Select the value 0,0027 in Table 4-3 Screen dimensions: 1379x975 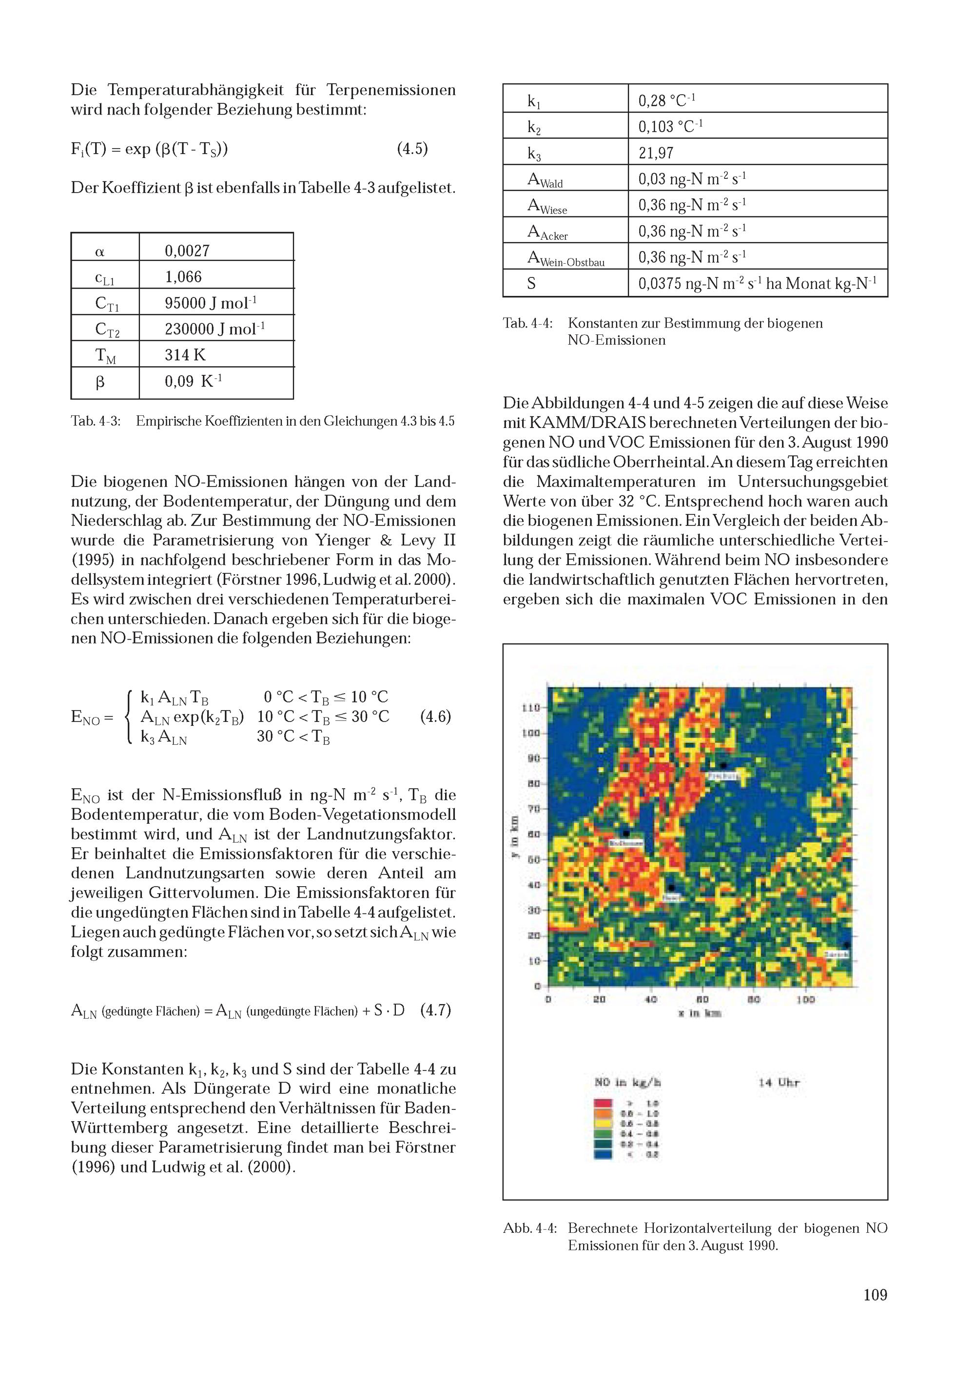(187, 251)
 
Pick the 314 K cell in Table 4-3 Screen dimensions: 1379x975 (185, 355)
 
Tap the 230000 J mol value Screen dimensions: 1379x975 (214, 329)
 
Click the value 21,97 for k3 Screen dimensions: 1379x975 (656, 153)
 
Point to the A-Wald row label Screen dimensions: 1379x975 (545, 179)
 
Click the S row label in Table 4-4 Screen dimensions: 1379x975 (532, 284)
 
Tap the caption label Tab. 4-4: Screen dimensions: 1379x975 (527, 323)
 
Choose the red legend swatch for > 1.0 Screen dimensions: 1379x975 (603, 1103)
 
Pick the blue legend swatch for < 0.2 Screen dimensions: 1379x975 (603, 1154)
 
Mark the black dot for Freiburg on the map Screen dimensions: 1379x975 (724, 765)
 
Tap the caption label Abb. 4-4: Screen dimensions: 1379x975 (529, 1228)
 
